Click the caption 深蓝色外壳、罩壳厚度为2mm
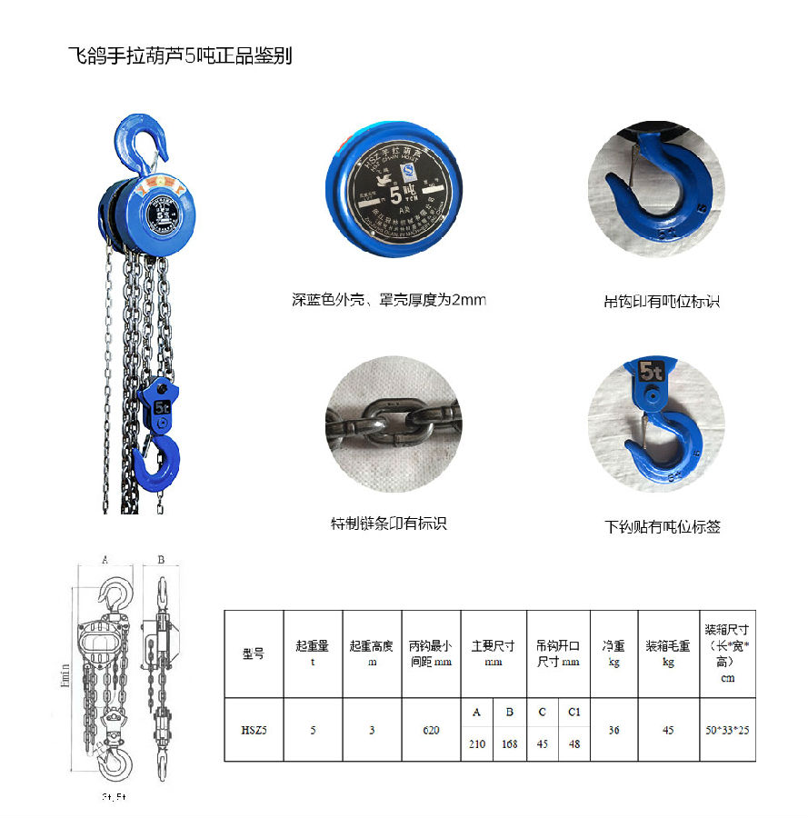[x=388, y=299]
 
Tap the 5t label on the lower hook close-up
[x=651, y=371]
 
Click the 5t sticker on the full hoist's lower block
[x=163, y=407]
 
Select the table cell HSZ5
[x=254, y=729]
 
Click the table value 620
[x=431, y=729]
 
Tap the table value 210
[x=476, y=743]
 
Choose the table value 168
[x=509, y=743]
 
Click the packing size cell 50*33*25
[x=727, y=729]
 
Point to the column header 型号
[x=254, y=653]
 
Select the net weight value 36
[x=613, y=729]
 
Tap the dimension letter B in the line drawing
[x=160, y=560]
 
